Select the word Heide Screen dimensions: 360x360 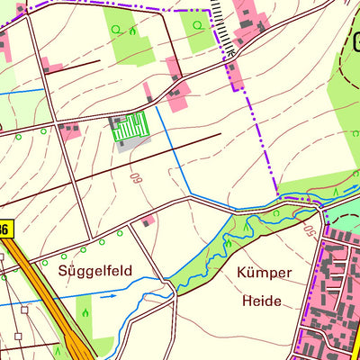pyautogui.click(x=261, y=301)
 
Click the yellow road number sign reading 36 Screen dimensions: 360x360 pyautogui.click(x=4, y=230)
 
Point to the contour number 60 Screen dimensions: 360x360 pyautogui.click(x=138, y=179)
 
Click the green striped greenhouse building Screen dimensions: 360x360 pyautogui.click(x=128, y=128)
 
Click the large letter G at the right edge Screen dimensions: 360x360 pyautogui.click(x=355, y=41)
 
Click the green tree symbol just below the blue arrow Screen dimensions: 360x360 pyautogui.click(x=85, y=313)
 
